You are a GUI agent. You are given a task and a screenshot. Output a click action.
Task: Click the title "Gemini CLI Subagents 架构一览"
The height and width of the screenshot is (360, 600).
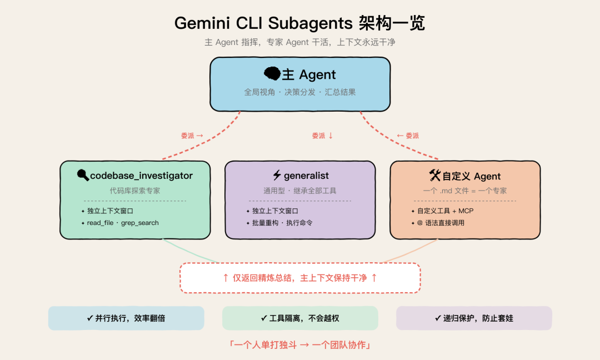[299, 23]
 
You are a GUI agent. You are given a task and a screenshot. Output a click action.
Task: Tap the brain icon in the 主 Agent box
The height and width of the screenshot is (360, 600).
[272, 74]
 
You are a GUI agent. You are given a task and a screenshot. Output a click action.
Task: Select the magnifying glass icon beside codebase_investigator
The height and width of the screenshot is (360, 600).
[83, 176]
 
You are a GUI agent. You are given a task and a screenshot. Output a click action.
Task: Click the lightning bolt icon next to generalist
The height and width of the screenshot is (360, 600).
[277, 176]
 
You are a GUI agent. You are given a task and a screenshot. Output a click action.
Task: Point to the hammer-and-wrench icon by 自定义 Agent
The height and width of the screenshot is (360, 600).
[434, 176]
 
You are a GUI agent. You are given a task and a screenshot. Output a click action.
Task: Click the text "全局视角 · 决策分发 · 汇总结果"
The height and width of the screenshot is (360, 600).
[300, 92]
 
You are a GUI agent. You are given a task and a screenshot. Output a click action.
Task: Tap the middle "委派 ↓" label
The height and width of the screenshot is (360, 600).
[322, 136]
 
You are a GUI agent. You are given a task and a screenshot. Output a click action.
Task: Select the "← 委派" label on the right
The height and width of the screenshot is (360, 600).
[408, 136]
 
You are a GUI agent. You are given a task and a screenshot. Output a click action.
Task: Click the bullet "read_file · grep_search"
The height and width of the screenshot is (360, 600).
[123, 223]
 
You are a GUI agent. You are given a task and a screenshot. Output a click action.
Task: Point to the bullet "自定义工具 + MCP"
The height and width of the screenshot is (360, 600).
[445, 211]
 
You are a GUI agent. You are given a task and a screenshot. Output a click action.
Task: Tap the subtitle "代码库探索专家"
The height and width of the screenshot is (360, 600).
[135, 191]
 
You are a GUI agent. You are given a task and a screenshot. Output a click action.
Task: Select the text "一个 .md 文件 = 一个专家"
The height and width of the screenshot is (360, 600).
[465, 191]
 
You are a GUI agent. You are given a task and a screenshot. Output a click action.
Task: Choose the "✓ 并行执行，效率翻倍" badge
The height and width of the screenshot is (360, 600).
[126, 318]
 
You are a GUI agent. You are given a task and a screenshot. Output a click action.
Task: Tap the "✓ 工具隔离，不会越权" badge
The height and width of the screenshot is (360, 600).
[300, 318]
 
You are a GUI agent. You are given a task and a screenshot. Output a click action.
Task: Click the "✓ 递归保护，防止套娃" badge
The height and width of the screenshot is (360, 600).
[474, 318]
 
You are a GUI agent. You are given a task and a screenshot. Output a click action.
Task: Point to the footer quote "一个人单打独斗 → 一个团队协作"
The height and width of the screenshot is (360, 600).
[300, 345]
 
